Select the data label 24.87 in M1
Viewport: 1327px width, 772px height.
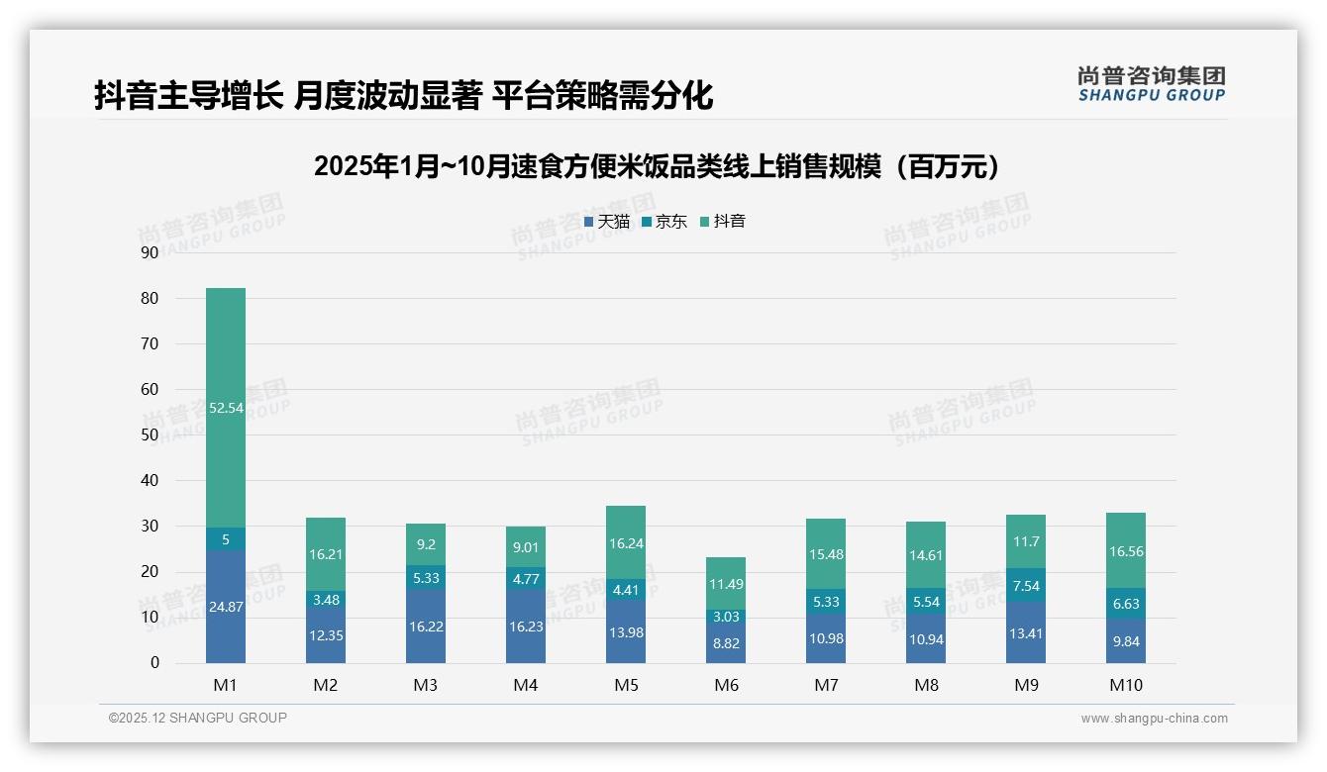(x=226, y=607)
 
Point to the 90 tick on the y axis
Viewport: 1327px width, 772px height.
(x=150, y=252)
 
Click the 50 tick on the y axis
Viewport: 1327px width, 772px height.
(x=150, y=434)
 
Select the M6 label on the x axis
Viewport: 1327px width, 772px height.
(x=726, y=685)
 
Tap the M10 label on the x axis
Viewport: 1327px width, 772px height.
(x=1125, y=685)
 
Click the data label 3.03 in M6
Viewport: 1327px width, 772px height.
(x=726, y=617)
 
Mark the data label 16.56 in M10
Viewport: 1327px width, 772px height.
(x=1125, y=551)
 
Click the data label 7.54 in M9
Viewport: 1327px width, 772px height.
(x=1025, y=585)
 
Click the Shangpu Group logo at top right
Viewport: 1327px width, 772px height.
(x=1151, y=83)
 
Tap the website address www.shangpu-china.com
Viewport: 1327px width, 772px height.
(x=1154, y=719)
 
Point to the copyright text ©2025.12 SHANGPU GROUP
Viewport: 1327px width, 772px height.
(x=198, y=718)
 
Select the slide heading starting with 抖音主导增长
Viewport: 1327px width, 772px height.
(x=403, y=96)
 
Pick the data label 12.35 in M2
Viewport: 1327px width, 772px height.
(x=326, y=635)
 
